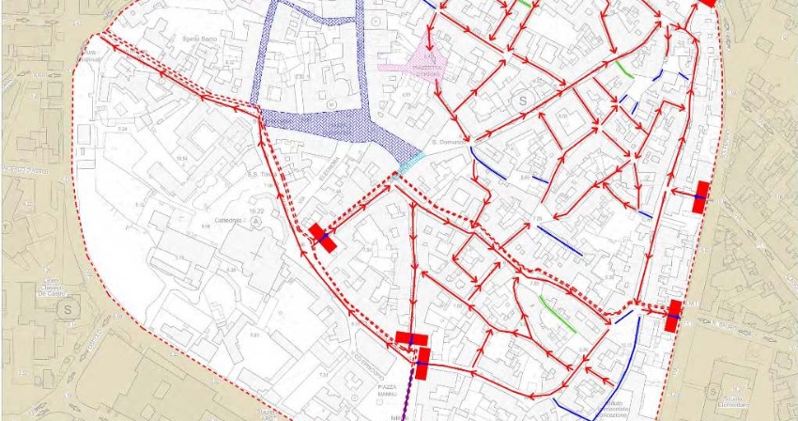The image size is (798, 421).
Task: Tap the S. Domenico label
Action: tap(443, 142)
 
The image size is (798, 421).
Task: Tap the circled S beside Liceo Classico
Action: tap(67, 305)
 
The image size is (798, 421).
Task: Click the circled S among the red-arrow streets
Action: tap(519, 99)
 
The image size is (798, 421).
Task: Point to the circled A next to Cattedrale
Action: tap(254, 223)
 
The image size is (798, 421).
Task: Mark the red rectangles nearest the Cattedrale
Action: tap(322, 237)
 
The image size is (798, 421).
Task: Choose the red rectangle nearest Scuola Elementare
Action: tap(673, 315)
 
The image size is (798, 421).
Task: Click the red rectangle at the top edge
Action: tap(708, 3)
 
